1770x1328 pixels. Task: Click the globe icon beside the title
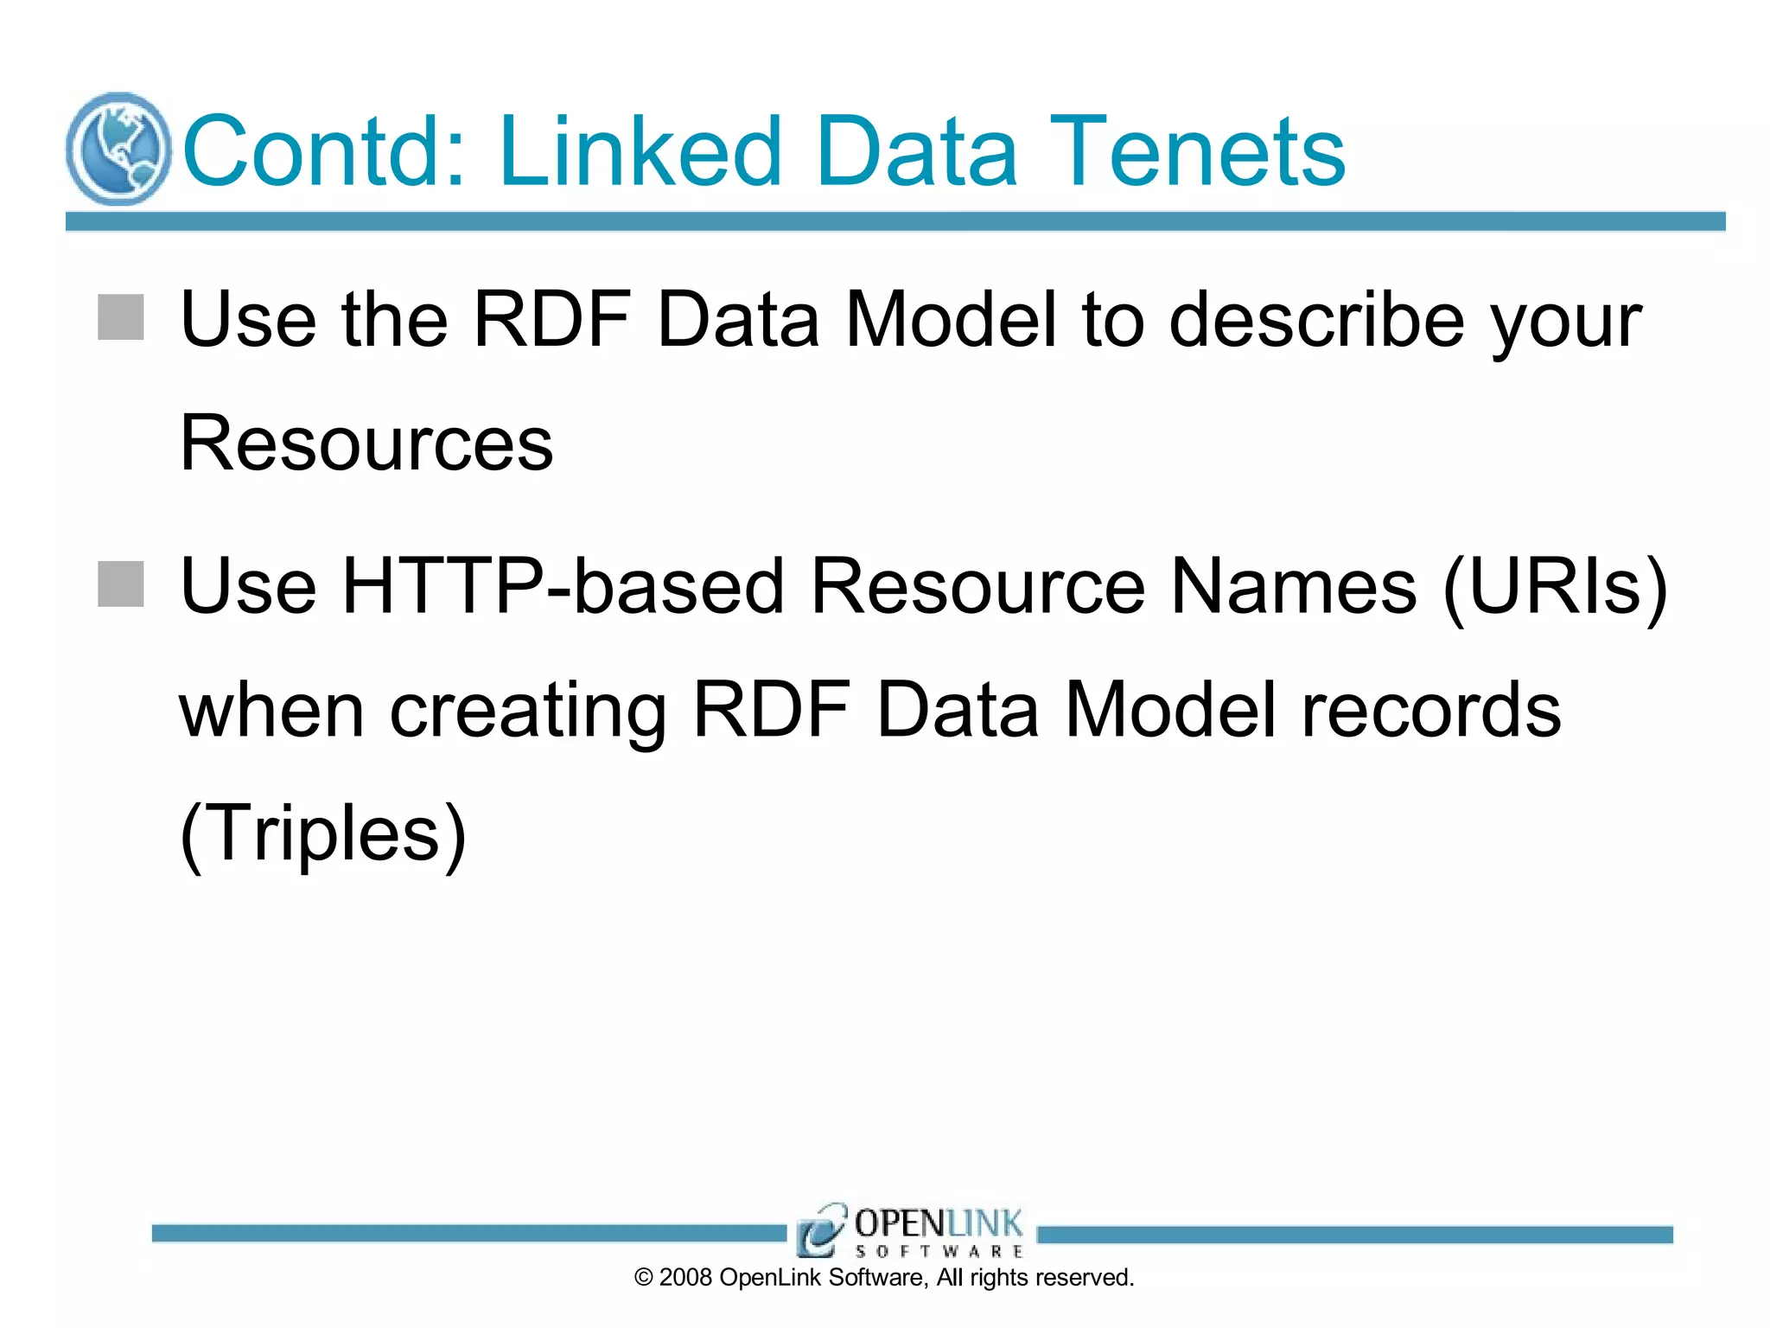[x=118, y=150]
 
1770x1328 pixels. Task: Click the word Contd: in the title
[x=325, y=152]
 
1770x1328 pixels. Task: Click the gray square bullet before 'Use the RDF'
[x=120, y=317]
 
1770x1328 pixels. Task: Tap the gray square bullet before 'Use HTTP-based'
[x=120, y=584]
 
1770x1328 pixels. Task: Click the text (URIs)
[x=1556, y=589]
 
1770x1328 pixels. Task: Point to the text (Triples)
[x=323, y=834]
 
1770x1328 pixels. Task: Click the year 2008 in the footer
[x=685, y=1278]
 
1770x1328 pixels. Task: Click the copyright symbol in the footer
[x=644, y=1278]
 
